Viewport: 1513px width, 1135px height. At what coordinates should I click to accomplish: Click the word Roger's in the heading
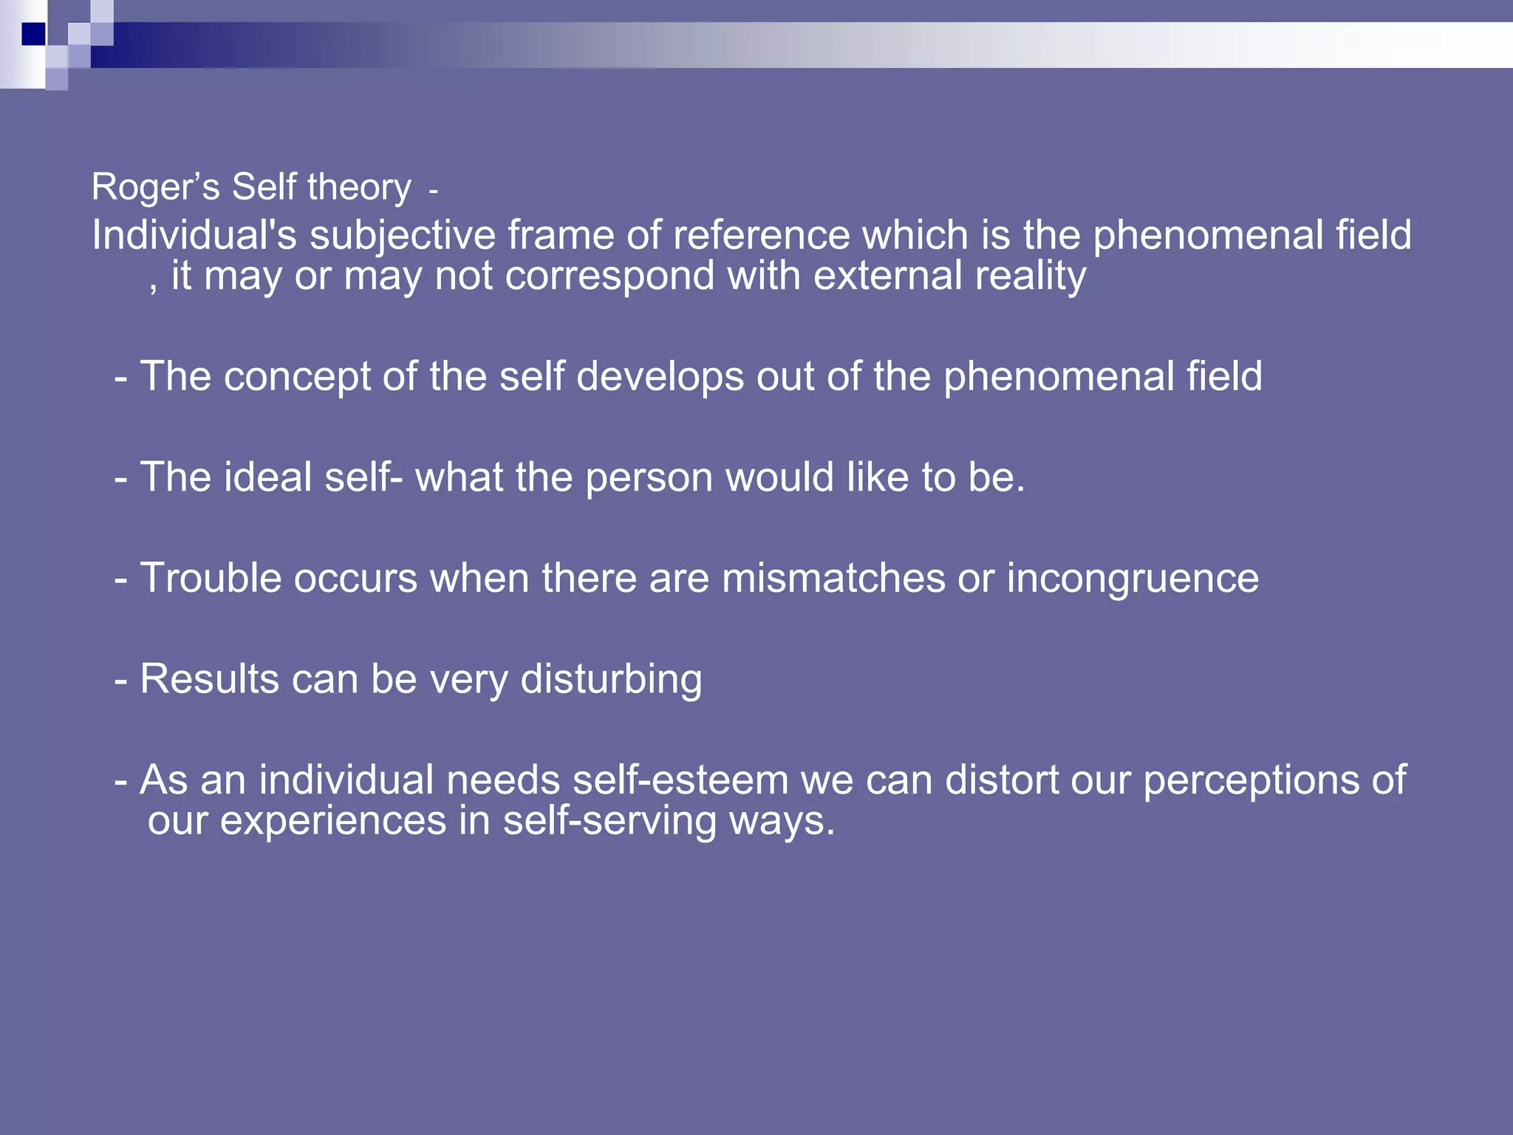(155, 187)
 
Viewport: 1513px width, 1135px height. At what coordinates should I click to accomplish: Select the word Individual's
(194, 236)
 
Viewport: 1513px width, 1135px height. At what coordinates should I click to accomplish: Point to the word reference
(761, 236)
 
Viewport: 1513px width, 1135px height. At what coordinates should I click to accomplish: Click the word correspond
(609, 277)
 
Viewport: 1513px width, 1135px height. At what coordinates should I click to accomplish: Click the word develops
(659, 378)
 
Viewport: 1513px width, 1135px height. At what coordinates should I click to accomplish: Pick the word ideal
(267, 477)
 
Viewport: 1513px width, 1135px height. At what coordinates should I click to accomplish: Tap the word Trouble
(211, 578)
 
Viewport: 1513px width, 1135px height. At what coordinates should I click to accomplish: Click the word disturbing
(610, 680)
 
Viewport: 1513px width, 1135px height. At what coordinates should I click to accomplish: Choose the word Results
(209, 679)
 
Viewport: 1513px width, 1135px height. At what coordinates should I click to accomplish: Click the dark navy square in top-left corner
(33, 34)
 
